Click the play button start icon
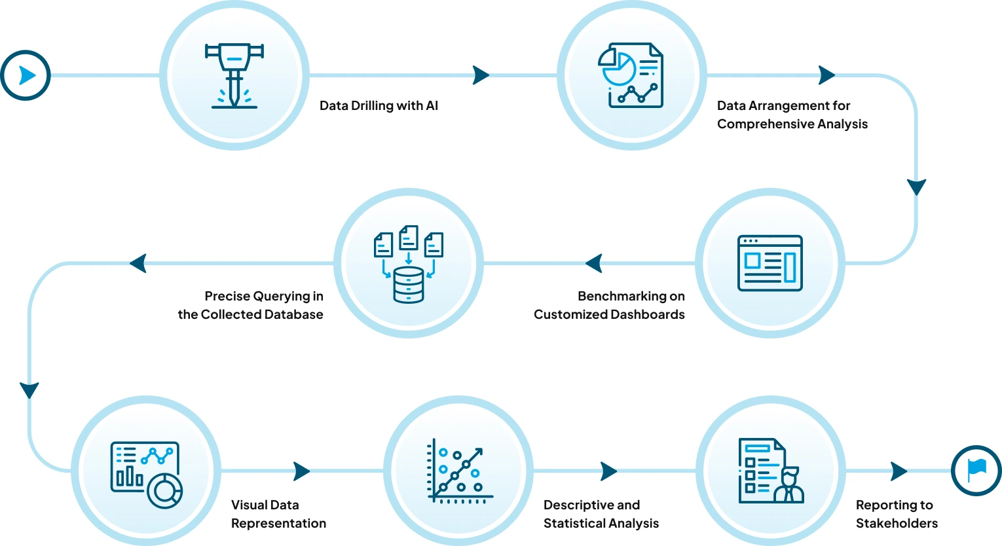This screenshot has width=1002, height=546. tap(26, 75)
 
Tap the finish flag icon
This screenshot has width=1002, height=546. tap(976, 470)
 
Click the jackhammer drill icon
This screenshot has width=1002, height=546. tap(234, 75)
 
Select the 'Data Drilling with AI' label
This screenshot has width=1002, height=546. tap(379, 105)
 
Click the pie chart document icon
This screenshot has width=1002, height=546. tap(631, 75)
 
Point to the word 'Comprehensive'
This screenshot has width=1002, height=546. tap(760, 124)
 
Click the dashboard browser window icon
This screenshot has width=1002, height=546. tap(770, 263)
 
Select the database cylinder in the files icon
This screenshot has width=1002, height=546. tap(409, 285)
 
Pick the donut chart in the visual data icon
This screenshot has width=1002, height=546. tap(164, 490)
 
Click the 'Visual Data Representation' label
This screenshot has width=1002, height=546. tap(278, 514)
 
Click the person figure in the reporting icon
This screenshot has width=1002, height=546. tap(789, 486)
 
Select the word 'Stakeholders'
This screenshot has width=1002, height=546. tap(897, 523)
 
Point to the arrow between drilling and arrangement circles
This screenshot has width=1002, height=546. tap(481, 75)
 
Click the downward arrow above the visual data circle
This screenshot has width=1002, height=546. tap(29, 390)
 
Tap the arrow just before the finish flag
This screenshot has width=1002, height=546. tap(899, 471)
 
